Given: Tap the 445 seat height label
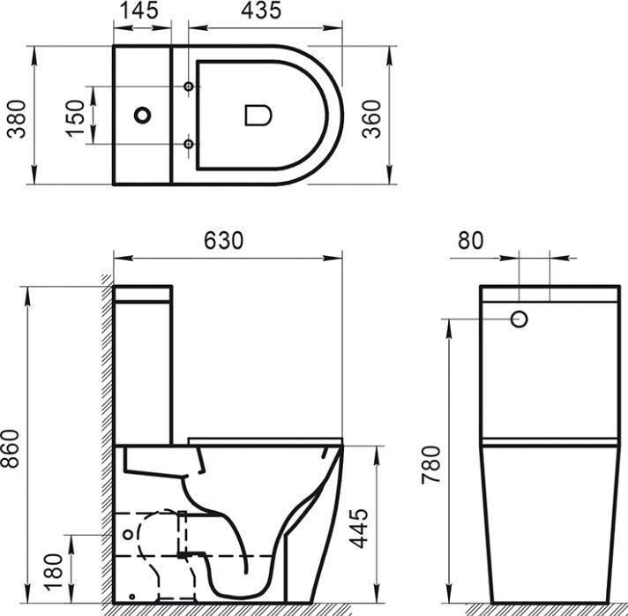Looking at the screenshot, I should tap(359, 528).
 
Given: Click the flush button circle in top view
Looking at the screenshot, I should tap(142, 115).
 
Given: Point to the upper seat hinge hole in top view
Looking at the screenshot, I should tap(188, 86).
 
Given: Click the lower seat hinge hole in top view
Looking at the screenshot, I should tap(188, 144).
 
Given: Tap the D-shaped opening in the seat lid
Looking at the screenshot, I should tap(256, 115).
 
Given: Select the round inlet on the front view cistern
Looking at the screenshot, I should tap(520, 319).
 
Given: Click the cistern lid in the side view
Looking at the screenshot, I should tap(144, 292).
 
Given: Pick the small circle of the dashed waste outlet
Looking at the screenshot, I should tap(131, 535).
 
